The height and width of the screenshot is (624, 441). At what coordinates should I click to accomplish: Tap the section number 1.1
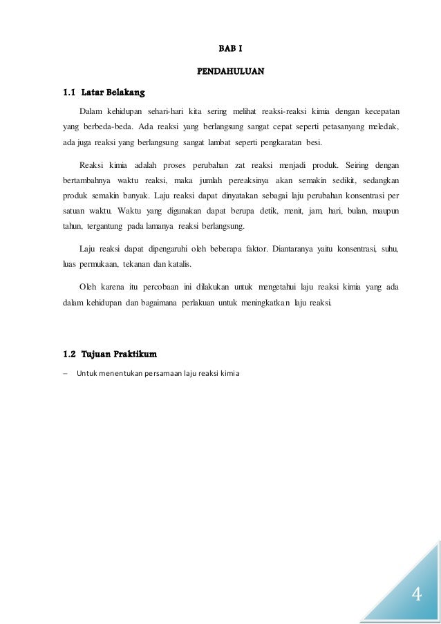[x=69, y=91]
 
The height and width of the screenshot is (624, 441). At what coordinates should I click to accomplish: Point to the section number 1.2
[x=69, y=355]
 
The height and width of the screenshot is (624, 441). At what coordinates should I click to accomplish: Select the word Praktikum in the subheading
[x=131, y=355]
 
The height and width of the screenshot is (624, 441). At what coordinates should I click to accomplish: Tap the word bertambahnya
[x=79, y=182]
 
